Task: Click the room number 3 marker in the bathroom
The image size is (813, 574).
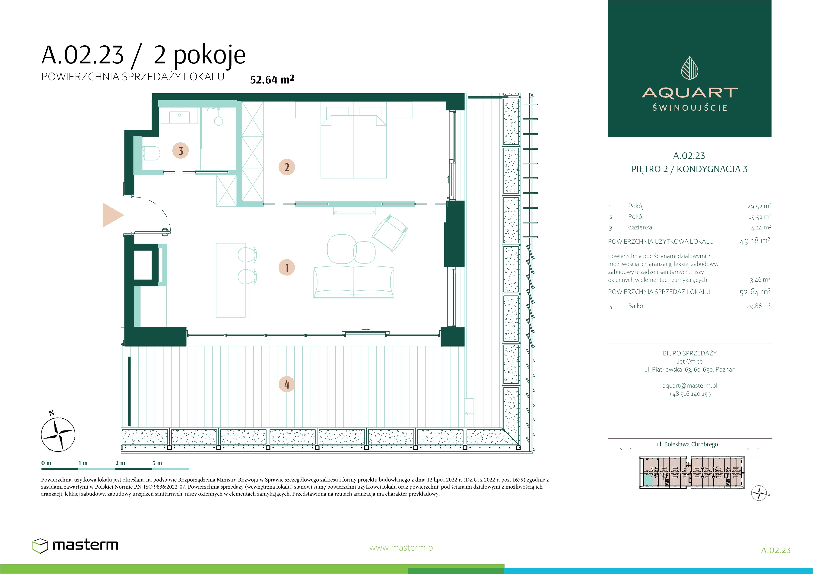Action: pyautogui.click(x=181, y=151)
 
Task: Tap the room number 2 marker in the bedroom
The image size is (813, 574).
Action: pyautogui.click(x=287, y=167)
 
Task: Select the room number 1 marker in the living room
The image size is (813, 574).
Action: pyautogui.click(x=287, y=267)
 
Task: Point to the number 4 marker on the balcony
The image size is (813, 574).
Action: pyautogui.click(x=287, y=384)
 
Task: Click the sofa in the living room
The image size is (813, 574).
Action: pyautogui.click(x=354, y=282)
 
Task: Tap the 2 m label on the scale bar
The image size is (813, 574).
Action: pyautogui.click(x=120, y=463)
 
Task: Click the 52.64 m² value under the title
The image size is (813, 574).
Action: pyautogui.click(x=272, y=79)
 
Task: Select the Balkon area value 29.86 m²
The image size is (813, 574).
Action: pyautogui.click(x=759, y=306)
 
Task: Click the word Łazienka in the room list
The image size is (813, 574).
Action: pyautogui.click(x=640, y=227)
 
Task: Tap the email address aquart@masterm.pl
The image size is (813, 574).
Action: pyautogui.click(x=690, y=386)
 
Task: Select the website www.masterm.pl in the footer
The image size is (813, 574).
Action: pyautogui.click(x=402, y=548)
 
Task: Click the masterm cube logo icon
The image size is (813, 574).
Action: pyautogui.click(x=40, y=546)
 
